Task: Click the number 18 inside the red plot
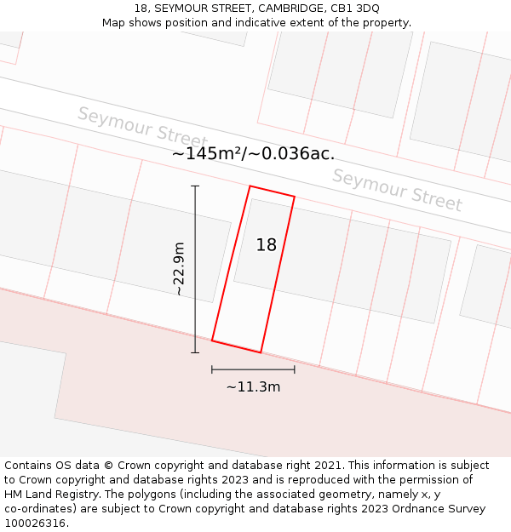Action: (267, 245)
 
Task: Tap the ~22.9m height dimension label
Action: (179, 269)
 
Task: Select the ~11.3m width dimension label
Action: (253, 387)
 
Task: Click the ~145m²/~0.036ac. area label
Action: (253, 154)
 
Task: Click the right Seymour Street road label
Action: (397, 190)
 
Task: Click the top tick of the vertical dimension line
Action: (195, 186)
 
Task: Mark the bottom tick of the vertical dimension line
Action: (195, 352)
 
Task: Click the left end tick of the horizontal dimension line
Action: (212, 369)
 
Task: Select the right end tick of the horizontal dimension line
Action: (295, 369)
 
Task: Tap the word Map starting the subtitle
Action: (115, 23)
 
